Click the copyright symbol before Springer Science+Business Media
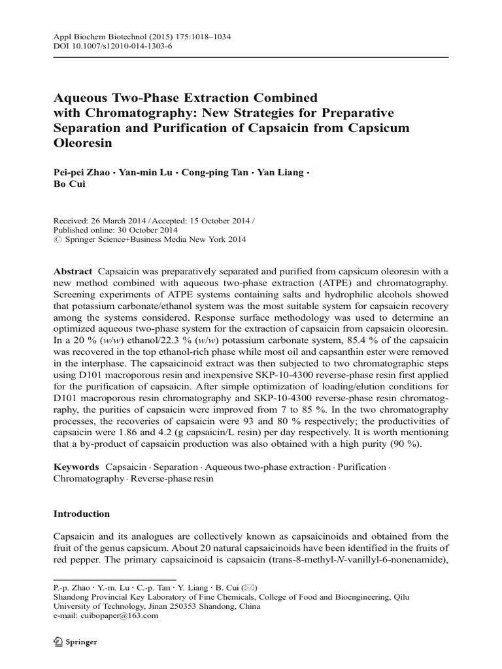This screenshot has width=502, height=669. (57, 240)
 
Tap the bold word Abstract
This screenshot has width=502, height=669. (73, 271)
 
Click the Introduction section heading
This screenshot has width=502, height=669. (82, 514)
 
